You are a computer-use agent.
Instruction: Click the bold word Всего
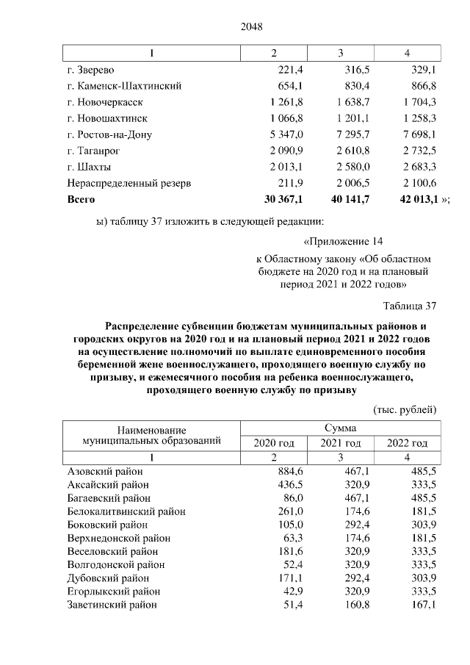coord(81,199)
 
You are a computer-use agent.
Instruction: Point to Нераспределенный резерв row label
coord(129,183)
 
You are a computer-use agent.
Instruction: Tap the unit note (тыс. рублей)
coord(405,409)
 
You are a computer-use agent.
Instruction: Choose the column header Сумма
coord(341,428)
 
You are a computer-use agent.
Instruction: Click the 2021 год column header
coord(341,443)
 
